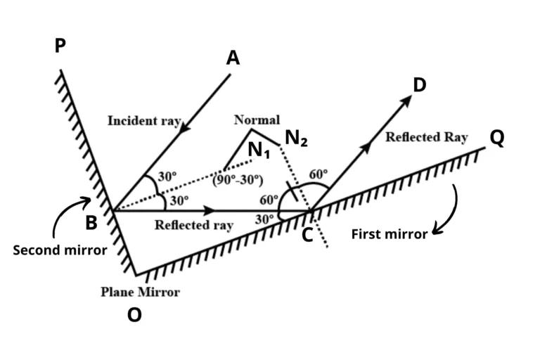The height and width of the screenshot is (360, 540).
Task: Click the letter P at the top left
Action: click(x=60, y=46)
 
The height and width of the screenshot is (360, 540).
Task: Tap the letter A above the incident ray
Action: click(x=233, y=58)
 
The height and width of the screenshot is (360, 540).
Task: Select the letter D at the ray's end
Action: click(x=420, y=85)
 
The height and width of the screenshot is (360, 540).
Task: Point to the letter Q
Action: click(x=497, y=139)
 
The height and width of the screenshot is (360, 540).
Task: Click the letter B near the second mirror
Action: click(x=91, y=224)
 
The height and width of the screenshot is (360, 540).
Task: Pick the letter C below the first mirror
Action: click(x=308, y=236)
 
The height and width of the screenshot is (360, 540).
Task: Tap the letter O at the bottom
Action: click(x=134, y=316)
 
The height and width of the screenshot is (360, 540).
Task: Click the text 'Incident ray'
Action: click(x=145, y=121)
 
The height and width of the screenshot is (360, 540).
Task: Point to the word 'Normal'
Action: click(x=257, y=120)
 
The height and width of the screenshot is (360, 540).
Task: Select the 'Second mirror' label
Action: click(x=60, y=250)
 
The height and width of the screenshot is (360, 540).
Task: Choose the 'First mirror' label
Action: click(x=389, y=234)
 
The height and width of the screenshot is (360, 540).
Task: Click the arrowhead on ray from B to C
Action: click(x=209, y=210)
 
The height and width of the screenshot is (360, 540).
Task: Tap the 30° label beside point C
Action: click(x=264, y=219)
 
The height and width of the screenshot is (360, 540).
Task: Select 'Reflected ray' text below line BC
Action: click(x=193, y=226)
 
